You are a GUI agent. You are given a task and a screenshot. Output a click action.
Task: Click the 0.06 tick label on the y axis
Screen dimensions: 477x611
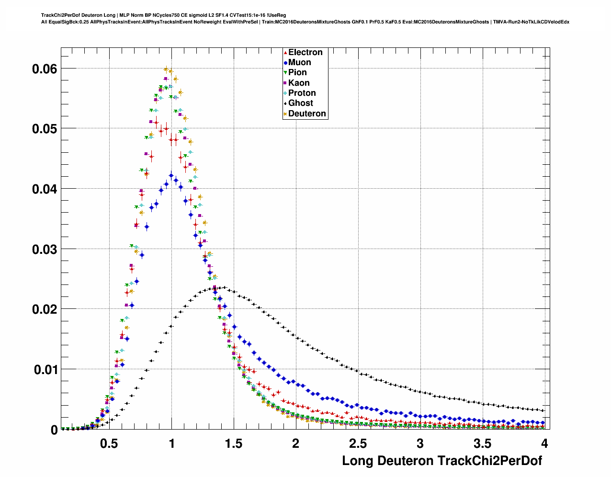[x=44, y=69]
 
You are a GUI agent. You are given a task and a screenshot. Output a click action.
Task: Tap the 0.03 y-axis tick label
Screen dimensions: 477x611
[x=44, y=249]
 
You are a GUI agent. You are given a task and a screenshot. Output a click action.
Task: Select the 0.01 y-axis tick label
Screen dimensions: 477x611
[x=44, y=369]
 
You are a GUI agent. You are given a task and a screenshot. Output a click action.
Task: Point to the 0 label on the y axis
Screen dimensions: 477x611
[x=54, y=430]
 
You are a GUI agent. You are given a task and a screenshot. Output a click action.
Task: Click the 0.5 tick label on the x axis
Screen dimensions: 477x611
[x=109, y=444]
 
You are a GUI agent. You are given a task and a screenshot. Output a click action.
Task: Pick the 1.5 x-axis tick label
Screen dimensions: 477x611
[x=234, y=444]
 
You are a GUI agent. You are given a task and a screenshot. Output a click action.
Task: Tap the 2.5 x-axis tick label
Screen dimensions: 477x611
[x=358, y=444]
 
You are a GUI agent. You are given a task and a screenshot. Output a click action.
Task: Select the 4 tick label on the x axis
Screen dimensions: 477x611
[x=544, y=444]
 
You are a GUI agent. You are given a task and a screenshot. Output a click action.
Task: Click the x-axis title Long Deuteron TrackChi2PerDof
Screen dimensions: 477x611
[x=441, y=461]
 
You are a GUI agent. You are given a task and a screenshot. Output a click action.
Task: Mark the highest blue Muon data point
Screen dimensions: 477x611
[x=171, y=176]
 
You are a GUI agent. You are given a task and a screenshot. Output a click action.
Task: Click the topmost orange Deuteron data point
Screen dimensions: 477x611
[x=166, y=69]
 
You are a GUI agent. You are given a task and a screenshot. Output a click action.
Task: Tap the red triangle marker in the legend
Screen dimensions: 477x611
[x=285, y=53]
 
